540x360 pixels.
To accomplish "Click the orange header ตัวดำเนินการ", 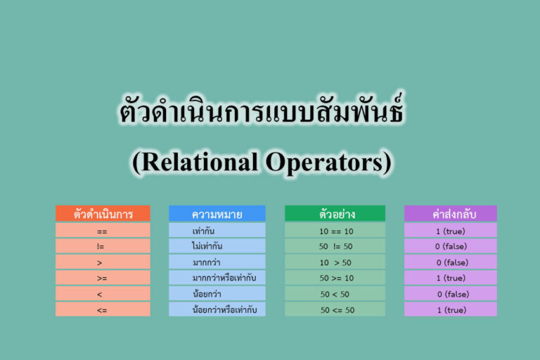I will (103, 214).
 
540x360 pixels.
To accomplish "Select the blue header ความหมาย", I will (217, 214).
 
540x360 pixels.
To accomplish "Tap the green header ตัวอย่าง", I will (335, 214).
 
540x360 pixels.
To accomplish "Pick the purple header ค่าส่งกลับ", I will (450, 214).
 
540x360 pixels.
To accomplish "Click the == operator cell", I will (103, 231).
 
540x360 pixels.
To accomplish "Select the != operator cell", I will (103, 246).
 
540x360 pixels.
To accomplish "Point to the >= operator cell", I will (103, 278).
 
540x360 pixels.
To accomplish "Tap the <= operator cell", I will (103, 309).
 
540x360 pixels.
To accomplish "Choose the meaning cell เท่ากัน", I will (217, 231).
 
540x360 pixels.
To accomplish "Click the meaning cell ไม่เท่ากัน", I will (217, 246).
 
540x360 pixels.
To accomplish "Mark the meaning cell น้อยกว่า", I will (217, 294).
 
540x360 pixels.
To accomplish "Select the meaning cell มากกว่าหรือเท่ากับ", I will (217, 278).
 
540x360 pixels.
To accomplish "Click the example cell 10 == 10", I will (335, 231).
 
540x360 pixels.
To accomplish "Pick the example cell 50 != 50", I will (335, 246).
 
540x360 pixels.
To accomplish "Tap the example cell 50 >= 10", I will (335, 278).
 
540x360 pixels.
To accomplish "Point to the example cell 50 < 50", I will (335, 294).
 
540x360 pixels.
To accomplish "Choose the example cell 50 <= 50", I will (335, 309).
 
